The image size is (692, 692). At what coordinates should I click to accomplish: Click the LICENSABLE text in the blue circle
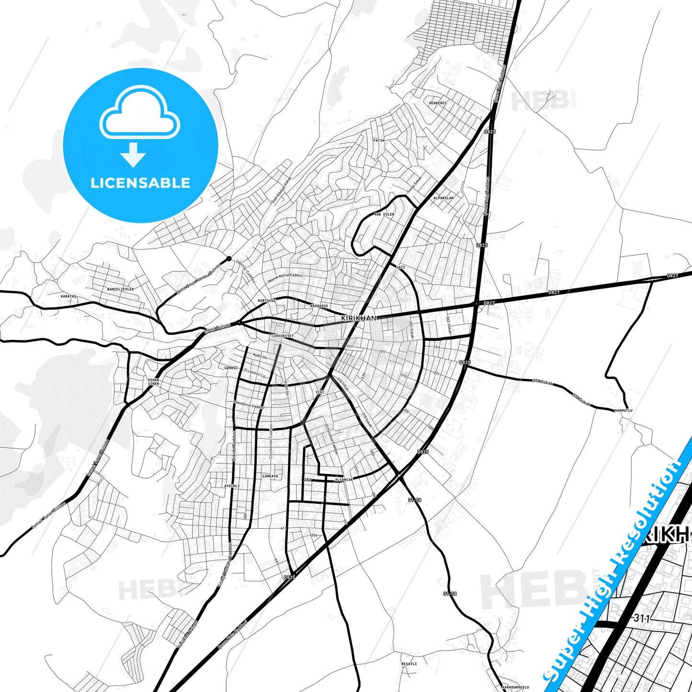pos(140,182)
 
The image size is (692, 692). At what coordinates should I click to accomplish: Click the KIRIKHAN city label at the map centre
pos(359,318)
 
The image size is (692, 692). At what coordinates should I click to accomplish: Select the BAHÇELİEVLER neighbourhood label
pos(120,289)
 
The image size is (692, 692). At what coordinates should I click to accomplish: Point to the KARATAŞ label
pos(68,296)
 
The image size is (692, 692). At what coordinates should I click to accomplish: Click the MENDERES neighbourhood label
pos(438,103)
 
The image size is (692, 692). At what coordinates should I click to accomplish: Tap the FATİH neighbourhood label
pos(379,140)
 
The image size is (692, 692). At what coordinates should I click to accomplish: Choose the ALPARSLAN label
pos(443,197)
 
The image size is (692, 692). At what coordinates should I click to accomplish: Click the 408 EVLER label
pos(385,214)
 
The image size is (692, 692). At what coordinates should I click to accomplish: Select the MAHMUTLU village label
pos(623,410)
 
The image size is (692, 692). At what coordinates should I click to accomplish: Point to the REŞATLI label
pos(409,664)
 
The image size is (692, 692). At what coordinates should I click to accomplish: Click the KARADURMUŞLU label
pos(515,687)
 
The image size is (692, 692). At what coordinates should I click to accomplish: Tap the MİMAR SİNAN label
pos(153,382)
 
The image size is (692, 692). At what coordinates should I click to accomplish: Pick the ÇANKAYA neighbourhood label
pos(270,476)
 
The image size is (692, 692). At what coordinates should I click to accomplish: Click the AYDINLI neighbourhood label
pos(232,486)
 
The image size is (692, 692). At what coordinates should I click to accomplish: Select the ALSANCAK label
pos(344,479)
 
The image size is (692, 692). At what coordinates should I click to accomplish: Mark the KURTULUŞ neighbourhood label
pos(267,300)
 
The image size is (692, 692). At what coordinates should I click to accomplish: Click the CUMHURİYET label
pos(282,336)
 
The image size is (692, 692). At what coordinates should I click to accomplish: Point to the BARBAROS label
pos(319,306)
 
